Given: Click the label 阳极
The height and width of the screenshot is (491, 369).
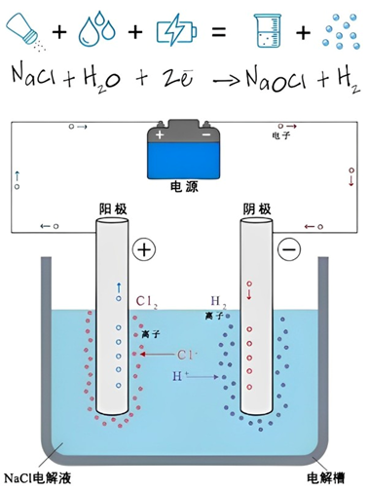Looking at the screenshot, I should coord(113,208).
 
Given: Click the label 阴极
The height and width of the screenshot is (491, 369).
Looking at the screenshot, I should coord(255,208).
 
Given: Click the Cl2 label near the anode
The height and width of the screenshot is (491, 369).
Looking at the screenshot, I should coord(148,301).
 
